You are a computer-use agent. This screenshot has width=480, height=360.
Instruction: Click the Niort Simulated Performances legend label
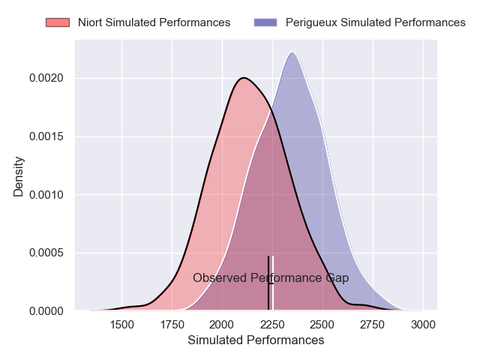pos(154,22)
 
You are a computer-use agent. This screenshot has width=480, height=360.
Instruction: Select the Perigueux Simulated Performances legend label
pos(375,22)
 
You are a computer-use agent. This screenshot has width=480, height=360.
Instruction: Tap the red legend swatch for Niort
pos(57,22)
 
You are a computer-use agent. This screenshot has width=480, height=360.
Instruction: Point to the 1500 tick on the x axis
pos(122,325)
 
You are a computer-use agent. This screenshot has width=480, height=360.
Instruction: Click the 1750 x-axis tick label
pos(172,325)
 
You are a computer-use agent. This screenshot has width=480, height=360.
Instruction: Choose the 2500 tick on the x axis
pos(322,325)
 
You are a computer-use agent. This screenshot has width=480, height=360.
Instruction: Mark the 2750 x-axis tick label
pos(373,325)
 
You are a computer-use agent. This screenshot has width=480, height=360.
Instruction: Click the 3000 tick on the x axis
pos(423,325)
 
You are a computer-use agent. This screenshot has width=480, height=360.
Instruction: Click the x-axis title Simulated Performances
pos(256,340)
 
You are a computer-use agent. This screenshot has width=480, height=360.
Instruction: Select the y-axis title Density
pos(19,176)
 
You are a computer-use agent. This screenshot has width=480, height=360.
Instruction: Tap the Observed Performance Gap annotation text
pos(271,278)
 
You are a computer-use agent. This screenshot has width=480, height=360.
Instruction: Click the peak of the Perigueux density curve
pos(292,52)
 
